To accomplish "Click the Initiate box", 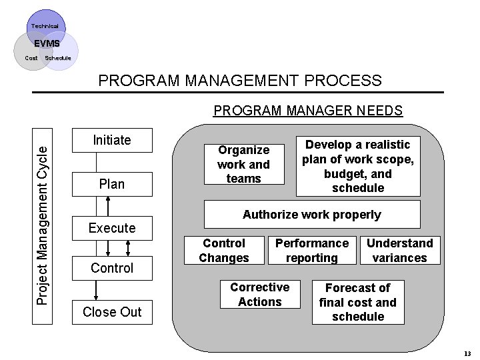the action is pos(112,140).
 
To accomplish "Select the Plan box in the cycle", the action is pos(112,184).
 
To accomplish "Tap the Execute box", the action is pos(112,228).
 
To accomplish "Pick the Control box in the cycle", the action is pos(112,268).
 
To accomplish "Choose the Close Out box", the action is pos(112,312).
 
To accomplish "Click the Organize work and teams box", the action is pos(244,164).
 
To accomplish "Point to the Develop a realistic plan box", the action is pos(358,166).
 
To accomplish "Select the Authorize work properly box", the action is pos(312,215).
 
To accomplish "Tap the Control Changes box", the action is pos(224,251).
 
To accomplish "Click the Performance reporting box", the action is pos(312,251).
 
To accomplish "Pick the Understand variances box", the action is pos(400,251).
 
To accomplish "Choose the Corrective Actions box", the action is pos(260,295).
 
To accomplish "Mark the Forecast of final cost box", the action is pos(358,302).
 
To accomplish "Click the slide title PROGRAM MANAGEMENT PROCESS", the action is pos(240,81).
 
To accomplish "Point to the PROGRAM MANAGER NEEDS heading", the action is pos(308,110).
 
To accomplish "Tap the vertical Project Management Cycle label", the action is pos(42,225).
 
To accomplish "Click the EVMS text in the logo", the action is pos(47,44).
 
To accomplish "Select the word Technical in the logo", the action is pos(45,26).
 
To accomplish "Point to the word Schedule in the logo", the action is pos(57,58).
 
